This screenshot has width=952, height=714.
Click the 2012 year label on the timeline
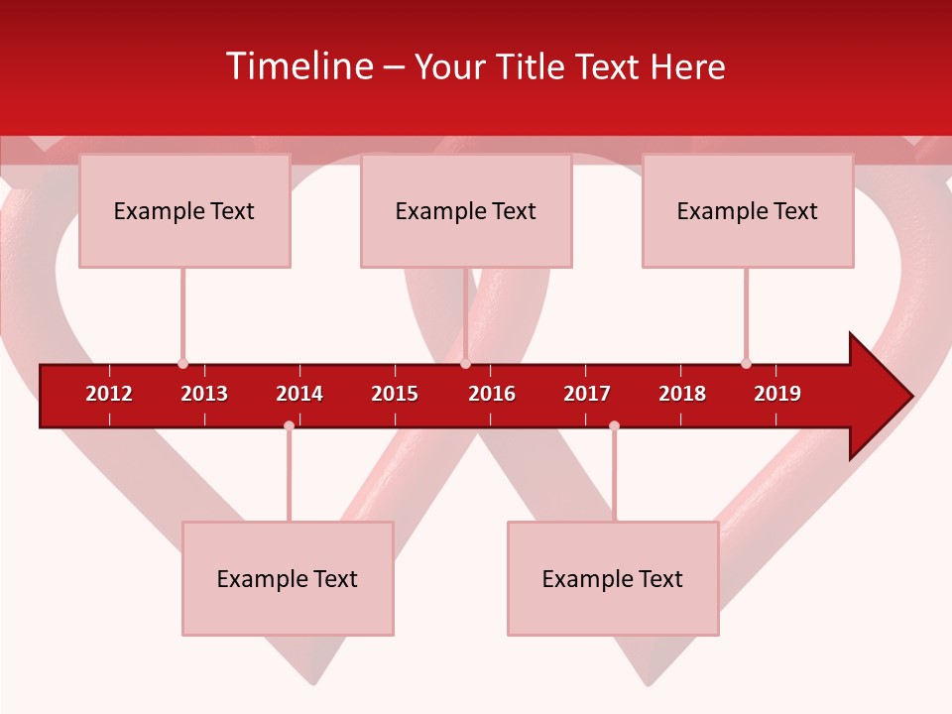point(109,394)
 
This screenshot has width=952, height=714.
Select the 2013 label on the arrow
point(204,394)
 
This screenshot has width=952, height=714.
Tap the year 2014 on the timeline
point(299,394)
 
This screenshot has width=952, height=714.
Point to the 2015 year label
point(395,394)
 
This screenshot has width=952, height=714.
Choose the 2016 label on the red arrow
point(492,394)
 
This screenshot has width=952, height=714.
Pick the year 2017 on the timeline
point(587,394)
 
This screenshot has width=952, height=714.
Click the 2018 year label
point(682,394)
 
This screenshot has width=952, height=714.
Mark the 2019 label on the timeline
point(777,394)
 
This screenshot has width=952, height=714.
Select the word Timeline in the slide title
point(298,66)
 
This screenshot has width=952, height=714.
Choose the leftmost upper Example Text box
point(184,210)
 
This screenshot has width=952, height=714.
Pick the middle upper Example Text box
point(466,210)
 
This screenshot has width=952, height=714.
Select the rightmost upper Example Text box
point(748,210)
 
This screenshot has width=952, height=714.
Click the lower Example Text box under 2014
point(288,578)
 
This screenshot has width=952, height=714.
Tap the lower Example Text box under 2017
point(613,578)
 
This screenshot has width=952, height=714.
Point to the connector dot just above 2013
point(182,364)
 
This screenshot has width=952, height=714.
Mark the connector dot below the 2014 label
point(289,425)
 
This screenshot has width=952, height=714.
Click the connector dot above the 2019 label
point(746,364)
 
